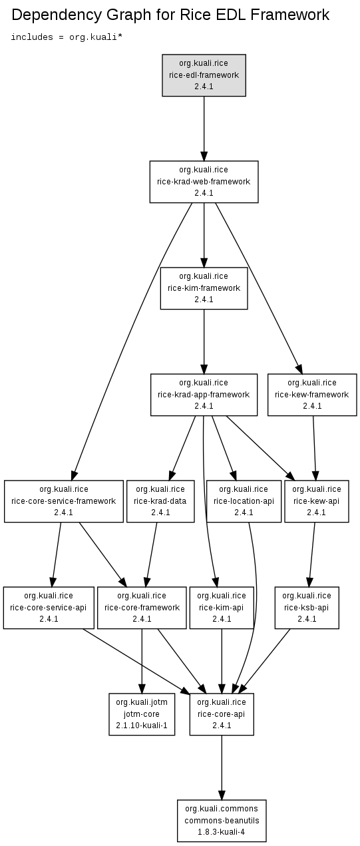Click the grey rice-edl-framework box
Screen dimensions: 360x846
click(x=204, y=75)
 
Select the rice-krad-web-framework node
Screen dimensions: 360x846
click(x=204, y=182)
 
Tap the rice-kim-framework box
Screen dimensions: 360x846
click(x=204, y=288)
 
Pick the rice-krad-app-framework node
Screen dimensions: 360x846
click(x=204, y=395)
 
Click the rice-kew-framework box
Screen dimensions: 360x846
click(x=312, y=395)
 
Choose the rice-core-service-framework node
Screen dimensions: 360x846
click(x=64, y=501)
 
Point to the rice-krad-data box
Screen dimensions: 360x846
click(x=160, y=501)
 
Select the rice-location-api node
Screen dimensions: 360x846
click(x=244, y=501)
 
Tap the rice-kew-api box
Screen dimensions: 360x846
click(x=317, y=501)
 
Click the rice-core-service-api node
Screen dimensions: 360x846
click(x=49, y=608)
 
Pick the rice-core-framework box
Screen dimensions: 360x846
click(x=142, y=608)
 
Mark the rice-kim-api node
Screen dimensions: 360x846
click(x=222, y=608)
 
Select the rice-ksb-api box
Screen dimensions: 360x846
click(x=307, y=608)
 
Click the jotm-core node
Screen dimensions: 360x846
click(x=142, y=714)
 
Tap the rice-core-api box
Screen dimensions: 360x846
click(x=222, y=714)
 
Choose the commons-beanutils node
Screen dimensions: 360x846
click(x=222, y=821)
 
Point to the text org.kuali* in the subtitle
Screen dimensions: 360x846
click(x=96, y=37)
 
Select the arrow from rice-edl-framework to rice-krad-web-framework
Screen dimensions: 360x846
click(x=204, y=128)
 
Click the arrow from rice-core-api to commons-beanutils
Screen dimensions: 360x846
click(x=222, y=768)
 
